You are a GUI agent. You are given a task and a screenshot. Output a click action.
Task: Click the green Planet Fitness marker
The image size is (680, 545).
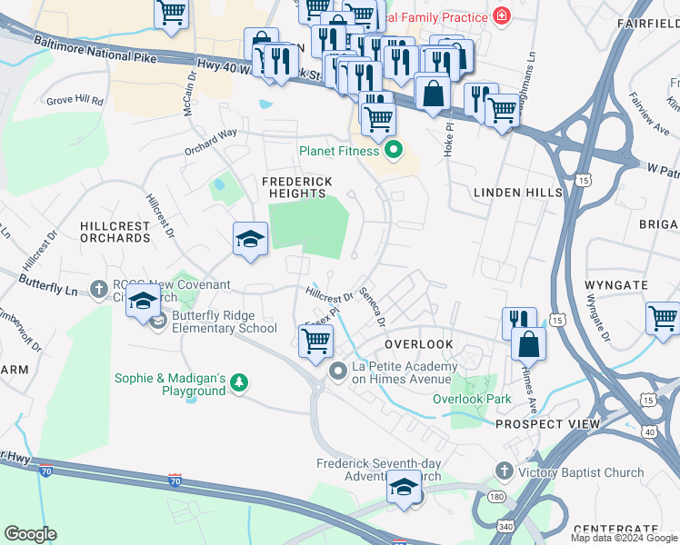coord(394,150)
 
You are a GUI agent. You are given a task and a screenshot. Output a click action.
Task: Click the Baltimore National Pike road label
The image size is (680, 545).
coord(95,49)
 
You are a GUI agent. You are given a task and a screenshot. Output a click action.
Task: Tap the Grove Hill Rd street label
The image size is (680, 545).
coord(75,101)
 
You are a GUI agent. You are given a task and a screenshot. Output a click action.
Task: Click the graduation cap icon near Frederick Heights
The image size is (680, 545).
coord(250,239)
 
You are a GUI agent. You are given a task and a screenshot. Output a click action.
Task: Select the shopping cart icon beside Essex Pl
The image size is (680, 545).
coord(315,342)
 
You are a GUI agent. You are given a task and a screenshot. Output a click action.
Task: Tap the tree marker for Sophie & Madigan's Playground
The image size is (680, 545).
coord(239,382)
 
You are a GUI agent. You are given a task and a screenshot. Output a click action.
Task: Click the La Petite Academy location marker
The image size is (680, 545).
coord(339,371)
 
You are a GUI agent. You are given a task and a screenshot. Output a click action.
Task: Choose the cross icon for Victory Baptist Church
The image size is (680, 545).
coord(505,471)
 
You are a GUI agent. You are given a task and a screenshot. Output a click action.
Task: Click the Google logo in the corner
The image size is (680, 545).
coord(30,534)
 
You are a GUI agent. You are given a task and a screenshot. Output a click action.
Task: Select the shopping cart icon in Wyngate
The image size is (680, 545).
coord(663,318)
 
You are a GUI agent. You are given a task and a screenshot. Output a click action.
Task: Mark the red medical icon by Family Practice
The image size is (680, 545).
coord(500,15)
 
